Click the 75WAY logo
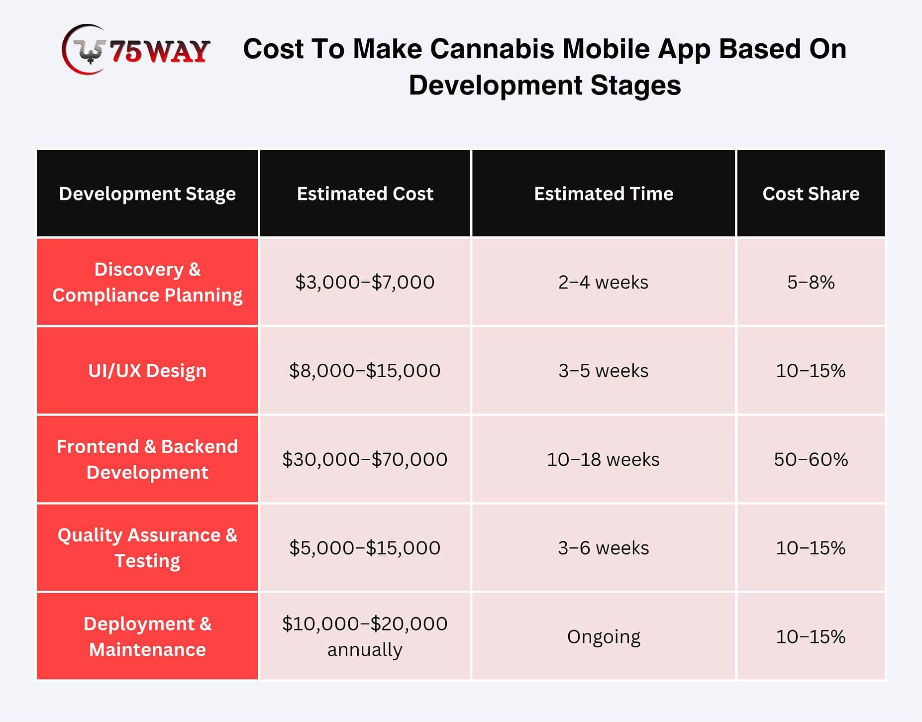(x=136, y=50)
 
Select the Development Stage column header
(x=147, y=194)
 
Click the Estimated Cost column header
(x=365, y=194)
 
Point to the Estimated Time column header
(x=604, y=194)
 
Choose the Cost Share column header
(x=811, y=194)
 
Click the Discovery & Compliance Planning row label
(x=147, y=282)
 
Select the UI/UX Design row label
(x=147, y=371)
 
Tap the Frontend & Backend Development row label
(x=147, y=459)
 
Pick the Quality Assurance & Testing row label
(x=147, y=548)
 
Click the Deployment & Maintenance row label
(x=147, y=636)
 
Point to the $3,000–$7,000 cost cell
(x=365, y=282)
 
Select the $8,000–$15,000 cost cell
(x=365, y=371)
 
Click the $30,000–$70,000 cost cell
(x=365, y=459)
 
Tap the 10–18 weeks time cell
(x=603, y=459)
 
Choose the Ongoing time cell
(x=604, y=637)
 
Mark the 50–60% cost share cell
(x=811, y=459)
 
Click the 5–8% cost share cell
(x=811, y=282)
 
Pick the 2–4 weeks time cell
(x=603, y=282)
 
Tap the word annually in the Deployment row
(x=365, y=650)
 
